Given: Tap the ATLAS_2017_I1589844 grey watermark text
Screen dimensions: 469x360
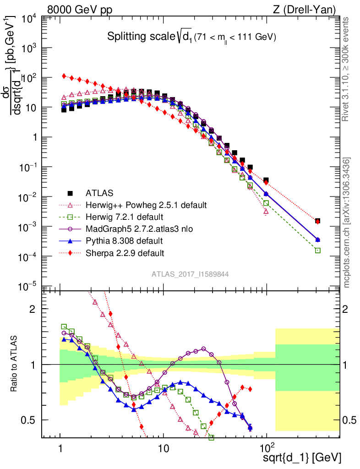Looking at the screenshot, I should pos(191,274).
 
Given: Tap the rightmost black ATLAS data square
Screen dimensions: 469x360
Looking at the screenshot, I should pos(318,221).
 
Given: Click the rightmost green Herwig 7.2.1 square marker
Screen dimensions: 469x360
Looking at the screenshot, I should pos(318,251).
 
